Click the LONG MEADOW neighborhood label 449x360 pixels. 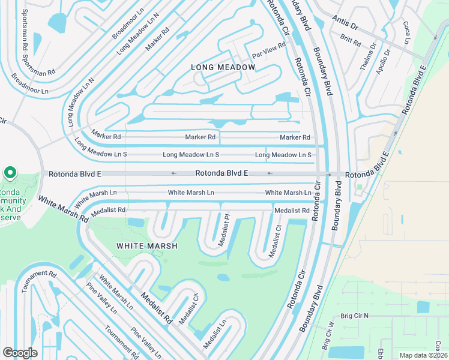pyautogui.click(x=223, y=67)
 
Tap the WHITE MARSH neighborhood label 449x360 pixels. pyautogui.click(x=146, y=246)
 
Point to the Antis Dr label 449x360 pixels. pyautogui.click(x=345, y=27)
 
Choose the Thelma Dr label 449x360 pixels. pyautogui.click(x=368, y=56)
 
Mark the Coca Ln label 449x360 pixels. pyautogui.click(x=406, y=32)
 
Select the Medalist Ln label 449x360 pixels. pyautogui.click(x=214, y=334)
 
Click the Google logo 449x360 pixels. pyautogui.click(x=20, y=352)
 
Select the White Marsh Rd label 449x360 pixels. pyautogui.click(x=62, y=209)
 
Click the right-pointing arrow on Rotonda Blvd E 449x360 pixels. pyautogui.click(x=328, y=175)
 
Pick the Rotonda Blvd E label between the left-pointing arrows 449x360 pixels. pyautogui.click(x=221, y=173)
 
